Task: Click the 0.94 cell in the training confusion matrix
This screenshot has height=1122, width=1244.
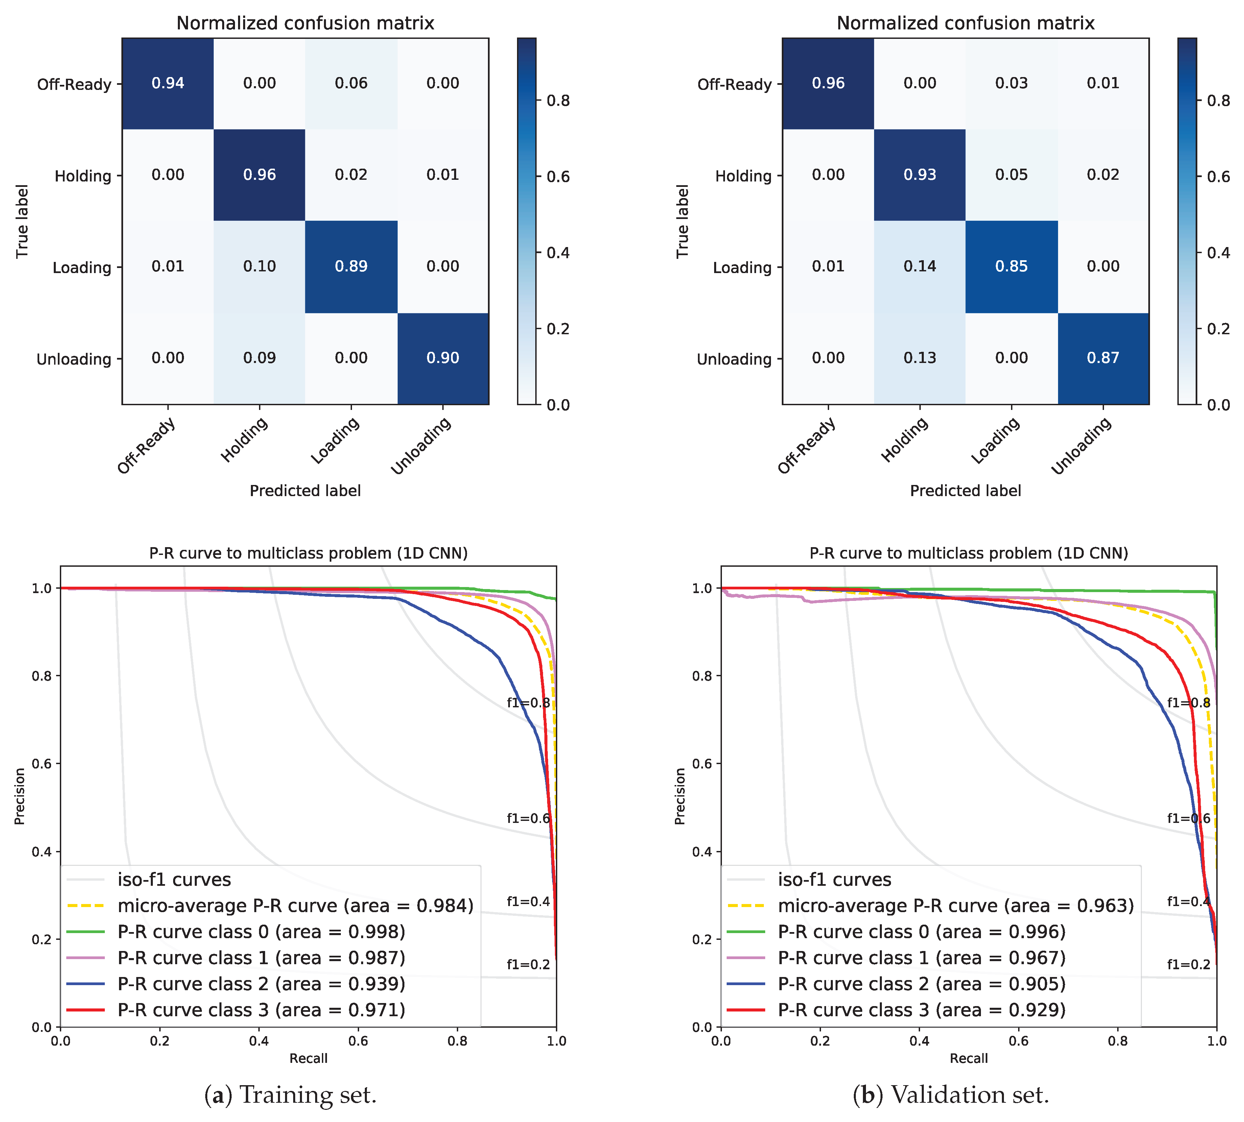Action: point(168,83)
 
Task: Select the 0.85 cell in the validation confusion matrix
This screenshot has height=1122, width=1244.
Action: point(1011,266)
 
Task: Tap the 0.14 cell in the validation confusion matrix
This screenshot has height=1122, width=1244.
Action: point(920,266)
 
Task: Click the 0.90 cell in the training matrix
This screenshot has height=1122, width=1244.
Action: point(443,358)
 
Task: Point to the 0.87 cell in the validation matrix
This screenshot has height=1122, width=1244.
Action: point(1103,358)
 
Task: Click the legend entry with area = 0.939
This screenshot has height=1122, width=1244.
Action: point(261,983)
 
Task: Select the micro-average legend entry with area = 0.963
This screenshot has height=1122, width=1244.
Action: point(955,906)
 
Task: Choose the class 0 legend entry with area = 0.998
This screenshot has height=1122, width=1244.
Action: point(261,931)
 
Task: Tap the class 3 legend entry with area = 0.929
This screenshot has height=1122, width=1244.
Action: point(921,1010)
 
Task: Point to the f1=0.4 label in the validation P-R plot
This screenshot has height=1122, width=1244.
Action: point(1188,901)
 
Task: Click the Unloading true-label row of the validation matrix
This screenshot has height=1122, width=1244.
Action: point(734,359)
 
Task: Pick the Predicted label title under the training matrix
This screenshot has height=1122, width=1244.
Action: point(305,491)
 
